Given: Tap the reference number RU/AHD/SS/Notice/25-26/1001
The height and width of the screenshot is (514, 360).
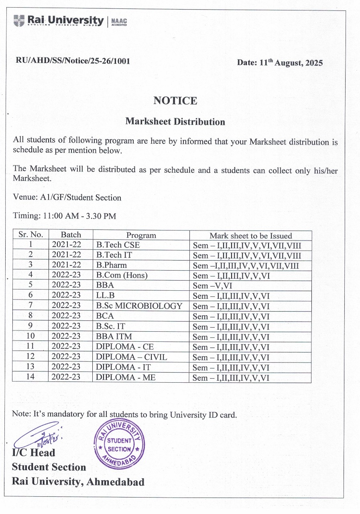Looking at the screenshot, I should pyautogui.click(x=73, y=61).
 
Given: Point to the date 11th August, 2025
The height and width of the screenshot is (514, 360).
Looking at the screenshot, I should pyautogui.click(x=280, y=63).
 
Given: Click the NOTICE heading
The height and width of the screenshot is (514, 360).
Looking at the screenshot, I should pyautogui.click(x=175, y=100).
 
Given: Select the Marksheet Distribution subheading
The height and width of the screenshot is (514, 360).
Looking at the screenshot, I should pyautogui.click(x=175, y=121).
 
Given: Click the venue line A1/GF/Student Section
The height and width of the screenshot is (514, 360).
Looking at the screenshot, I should pyautogui.click(x=67, y=198).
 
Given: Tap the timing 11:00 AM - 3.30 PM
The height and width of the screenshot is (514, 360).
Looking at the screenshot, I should pyautogui.click(x=65, y=216).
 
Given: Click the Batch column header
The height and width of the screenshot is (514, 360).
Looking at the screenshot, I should pyautogui.click(x=71, y=235).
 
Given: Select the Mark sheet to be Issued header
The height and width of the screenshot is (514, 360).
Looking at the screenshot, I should pyautogui.click(x=250, y=236).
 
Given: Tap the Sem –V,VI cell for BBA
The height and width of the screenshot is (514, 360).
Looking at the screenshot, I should pyautogui.click(x=213, y=286).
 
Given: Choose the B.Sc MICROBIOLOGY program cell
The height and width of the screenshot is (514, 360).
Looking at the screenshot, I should pyautogui.click(x=139, y=306).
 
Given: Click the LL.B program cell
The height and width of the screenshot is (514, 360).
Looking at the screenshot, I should pyautogui.click(x=106, y=296).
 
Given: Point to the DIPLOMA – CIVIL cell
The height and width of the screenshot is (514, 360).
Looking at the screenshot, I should pyautogui.click(x=131, y=357).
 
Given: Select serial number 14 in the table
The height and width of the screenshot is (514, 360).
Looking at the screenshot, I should pyautogui.click(x=31, y=377).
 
